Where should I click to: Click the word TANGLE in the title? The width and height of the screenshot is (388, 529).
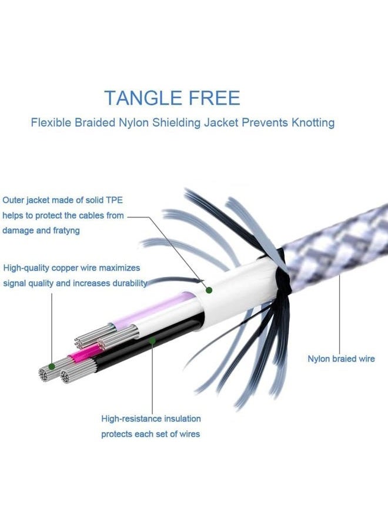coord(143,98)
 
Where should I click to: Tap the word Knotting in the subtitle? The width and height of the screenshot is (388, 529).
coord(313,122)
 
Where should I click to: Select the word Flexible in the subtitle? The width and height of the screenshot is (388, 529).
coord(51,122)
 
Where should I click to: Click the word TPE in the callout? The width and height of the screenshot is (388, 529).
coord(115,200)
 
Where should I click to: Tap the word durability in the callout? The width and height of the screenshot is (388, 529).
coord(129,283)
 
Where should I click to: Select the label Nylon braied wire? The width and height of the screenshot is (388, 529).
coord(341,359)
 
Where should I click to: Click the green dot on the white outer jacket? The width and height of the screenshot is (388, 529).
coord(209,290)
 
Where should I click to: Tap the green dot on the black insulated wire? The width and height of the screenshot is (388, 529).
coord(152,341)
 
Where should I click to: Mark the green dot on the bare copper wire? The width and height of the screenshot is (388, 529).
coord(52,366)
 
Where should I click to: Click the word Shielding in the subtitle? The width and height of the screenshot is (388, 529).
coord(176,122)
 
